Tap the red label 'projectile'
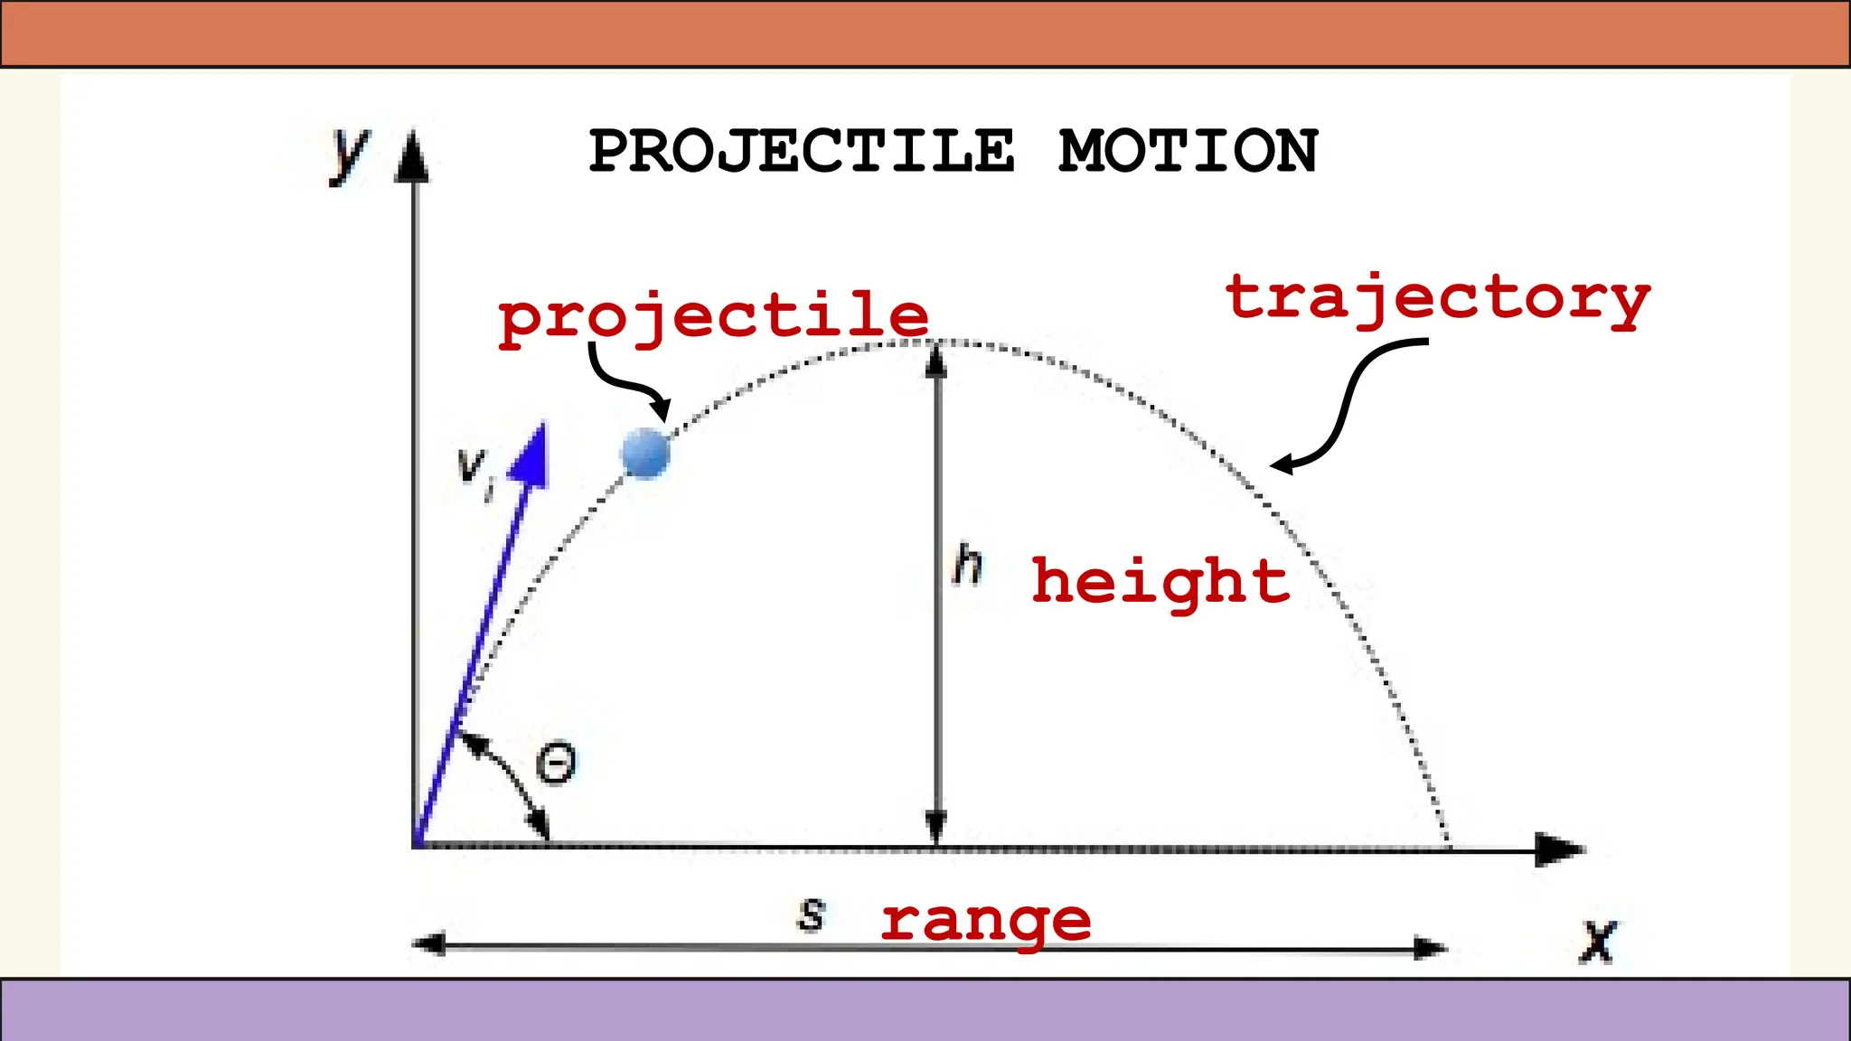pyautogui.click(x=713, y=316)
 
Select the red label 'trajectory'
pyautogui.click(x=1437, y=298)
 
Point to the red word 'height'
pyautogui.click(x=1160, y=581)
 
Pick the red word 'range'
pyautogui.click(x=986, y=922)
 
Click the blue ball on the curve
pyautogui.click(x=645, y=453)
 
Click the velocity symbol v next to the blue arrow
pyautogui.click(x=473, y=468)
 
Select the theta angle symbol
pyautogui.click(x=556, y=764)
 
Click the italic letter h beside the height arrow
pyautogui.click(x=968, y=565)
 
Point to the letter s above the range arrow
pyautogui.click(x=812, y=914)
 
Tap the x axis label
pyautogui.click(x=1598, y=942)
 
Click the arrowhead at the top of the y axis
pyautogui.click(x=413, y=155)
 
